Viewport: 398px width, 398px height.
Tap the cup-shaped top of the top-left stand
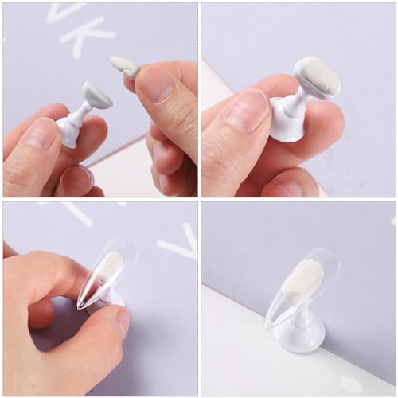96,96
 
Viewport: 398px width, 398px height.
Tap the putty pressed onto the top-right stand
317,74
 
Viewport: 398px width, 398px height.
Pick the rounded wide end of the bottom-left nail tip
127,247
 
